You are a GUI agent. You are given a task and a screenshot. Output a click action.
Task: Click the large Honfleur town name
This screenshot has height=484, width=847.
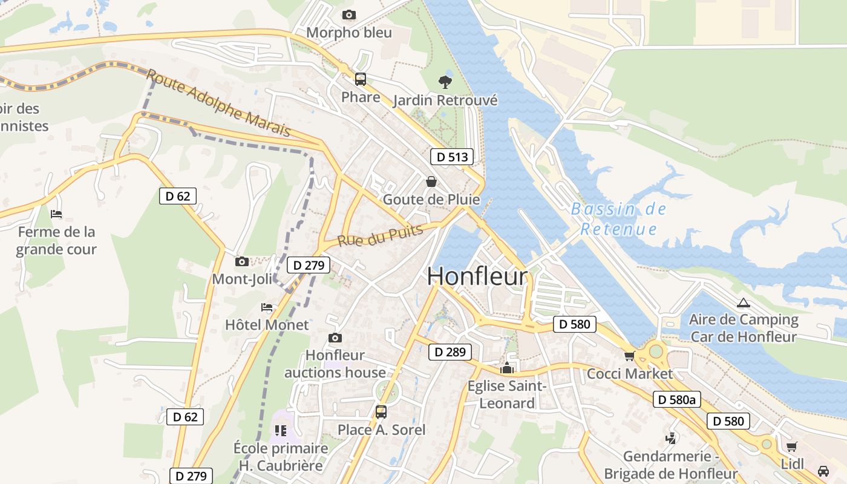point(477,276)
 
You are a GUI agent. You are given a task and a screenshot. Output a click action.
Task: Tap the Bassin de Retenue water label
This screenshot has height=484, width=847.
point(618,219)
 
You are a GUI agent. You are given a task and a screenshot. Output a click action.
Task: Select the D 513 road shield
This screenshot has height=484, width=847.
point(452,157)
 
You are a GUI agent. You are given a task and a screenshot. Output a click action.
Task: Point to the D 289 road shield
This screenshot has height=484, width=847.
point(450,352)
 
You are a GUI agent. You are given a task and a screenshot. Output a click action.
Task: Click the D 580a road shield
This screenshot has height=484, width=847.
point(677,399)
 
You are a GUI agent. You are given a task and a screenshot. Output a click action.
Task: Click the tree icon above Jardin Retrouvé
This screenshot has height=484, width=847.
point(445,82)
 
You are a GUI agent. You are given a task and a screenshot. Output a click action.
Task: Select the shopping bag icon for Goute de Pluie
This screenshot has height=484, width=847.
point(431,181)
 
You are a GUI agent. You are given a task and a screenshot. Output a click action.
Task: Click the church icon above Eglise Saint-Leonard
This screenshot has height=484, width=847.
point(506,367)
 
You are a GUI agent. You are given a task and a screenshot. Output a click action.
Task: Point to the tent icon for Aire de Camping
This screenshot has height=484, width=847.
point(743,302)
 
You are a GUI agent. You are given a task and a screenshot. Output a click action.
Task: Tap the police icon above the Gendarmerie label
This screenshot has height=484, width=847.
point(670,438)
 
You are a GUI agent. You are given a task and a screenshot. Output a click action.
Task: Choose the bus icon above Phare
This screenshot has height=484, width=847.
point(361,79)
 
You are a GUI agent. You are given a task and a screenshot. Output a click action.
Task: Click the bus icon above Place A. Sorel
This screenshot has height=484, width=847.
point(381,411)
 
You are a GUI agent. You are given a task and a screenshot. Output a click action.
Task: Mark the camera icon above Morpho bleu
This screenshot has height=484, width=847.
point(348,15)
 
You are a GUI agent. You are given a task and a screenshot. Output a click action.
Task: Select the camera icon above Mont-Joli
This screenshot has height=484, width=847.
point(241,261)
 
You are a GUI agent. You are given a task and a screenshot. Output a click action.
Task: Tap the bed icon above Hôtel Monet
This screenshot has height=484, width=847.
point(267,307)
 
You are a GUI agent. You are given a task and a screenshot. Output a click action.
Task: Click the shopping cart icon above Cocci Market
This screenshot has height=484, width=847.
point(629,356)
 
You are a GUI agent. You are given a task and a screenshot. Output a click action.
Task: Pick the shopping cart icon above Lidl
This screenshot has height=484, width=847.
point(791,446)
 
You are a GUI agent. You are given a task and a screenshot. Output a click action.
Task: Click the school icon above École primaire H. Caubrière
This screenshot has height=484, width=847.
point(280,430)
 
